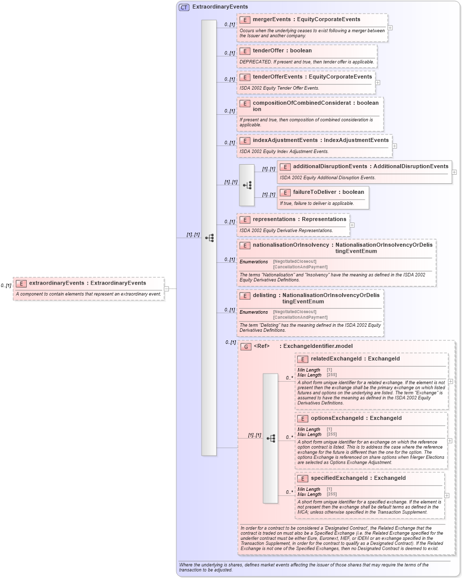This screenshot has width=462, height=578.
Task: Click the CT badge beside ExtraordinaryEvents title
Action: coord(184,7)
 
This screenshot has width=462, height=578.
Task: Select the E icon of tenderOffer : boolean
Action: coord(244,51)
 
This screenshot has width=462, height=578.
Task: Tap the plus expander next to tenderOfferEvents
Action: coord(378,83)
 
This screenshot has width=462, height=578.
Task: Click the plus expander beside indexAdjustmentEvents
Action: coord(394,146)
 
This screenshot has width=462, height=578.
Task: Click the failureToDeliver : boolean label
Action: coord(328,192)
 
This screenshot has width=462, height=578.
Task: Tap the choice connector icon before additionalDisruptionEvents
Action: coord(247,185)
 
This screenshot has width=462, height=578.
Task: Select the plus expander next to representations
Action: coord(352,225)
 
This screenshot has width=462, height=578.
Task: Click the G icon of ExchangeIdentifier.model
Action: coord(246,346)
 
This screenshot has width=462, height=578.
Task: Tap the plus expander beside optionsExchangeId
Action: coord(450,441)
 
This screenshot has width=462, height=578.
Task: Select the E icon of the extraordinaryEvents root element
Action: coord(21,283)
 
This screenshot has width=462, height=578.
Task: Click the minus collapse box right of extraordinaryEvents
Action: coord(167,289)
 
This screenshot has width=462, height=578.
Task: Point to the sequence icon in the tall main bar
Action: coord(209,238)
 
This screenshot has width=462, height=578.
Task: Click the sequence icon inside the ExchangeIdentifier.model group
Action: coord(271,438)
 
